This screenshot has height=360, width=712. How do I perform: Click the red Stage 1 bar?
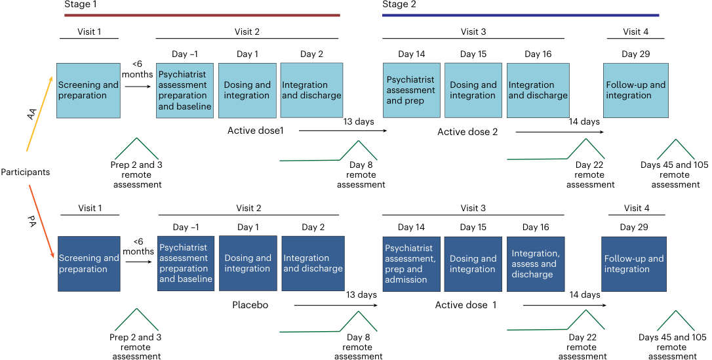pyautogui.click(x=202, y=15)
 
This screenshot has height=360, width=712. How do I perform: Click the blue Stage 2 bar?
pyautogui.click(x=521, y=15)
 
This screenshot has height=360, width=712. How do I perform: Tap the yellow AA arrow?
pyautogui.click(x=40, y=113)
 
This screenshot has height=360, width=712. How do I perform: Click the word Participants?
pyautogui.click(x=26, y=172)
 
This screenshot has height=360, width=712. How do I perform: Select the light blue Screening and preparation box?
pyautogui.click(x=89, y=90)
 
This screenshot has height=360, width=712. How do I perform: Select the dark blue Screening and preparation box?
pyautogui.click(x=89, y=264)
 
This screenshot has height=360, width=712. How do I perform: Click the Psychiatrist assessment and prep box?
pyautogui.click(x=411, y=90)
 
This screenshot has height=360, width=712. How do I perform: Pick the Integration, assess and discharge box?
pyautogui.click(x=536, y=264)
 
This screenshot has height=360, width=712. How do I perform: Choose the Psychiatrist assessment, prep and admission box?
pyautogui.click(x=411, y=264)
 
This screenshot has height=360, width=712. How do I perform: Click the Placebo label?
pyautogui.click(x=250, y=305)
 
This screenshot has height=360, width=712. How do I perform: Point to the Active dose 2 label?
pyautogui.click(x=467, y=132)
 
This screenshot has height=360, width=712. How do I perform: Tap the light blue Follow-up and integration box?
pyautogui.click(x=636, y=90)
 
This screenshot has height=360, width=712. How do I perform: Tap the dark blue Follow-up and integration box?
pyautogui.click(x=634, y=264)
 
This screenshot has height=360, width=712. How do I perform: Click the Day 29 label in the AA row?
pyautogui.click(x=636, y=54)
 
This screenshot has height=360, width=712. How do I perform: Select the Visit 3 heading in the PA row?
pyautogui.click(x=473, y=208)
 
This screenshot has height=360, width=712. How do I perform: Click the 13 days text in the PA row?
pyautogui.click(x=361, y=294)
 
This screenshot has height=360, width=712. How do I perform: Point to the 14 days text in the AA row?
pyautogui.click(x=584, y=122)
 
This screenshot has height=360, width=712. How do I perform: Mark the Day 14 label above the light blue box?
pyautogui.click(x=411, y=54)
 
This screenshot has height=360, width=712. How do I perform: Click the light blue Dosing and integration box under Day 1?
pyautogui.click(x=247, y=90)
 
